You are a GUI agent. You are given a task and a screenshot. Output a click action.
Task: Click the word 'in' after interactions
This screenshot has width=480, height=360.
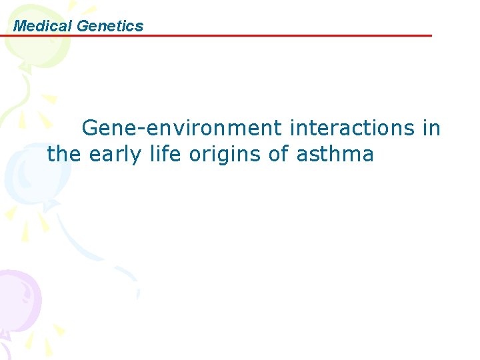pos(431,128)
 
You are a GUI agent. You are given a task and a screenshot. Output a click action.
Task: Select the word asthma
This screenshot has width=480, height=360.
pos(335,155)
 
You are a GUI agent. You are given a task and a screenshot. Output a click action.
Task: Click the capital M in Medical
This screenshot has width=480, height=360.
pos(19,26)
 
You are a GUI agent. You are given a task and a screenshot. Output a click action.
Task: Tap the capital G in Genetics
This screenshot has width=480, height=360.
pos(83,26)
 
